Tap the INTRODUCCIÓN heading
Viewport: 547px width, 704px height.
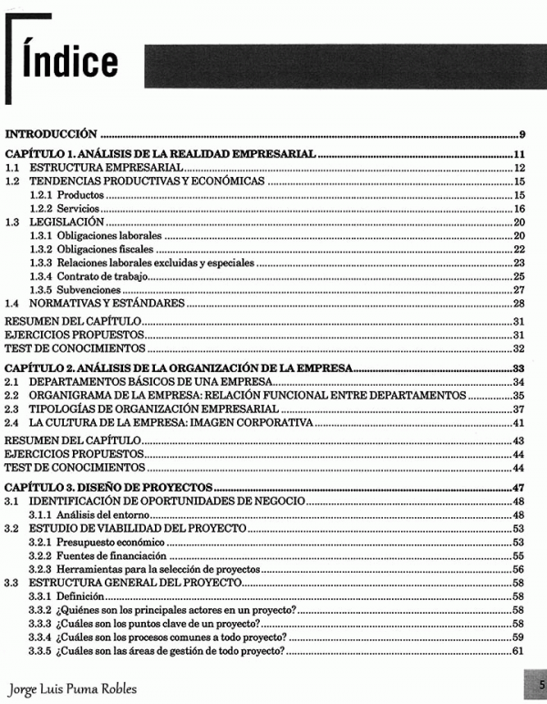coord(52,132)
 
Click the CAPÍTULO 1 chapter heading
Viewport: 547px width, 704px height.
coord(160,153)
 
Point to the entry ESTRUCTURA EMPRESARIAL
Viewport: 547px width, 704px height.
coord(107,168)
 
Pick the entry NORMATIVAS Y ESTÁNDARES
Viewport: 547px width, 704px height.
coord(107,303)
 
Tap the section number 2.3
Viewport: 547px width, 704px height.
coord(13,409)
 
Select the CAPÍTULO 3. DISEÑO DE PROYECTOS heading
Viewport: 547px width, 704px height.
coord(108,487)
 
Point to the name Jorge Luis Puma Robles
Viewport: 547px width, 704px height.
coord(71,688)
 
